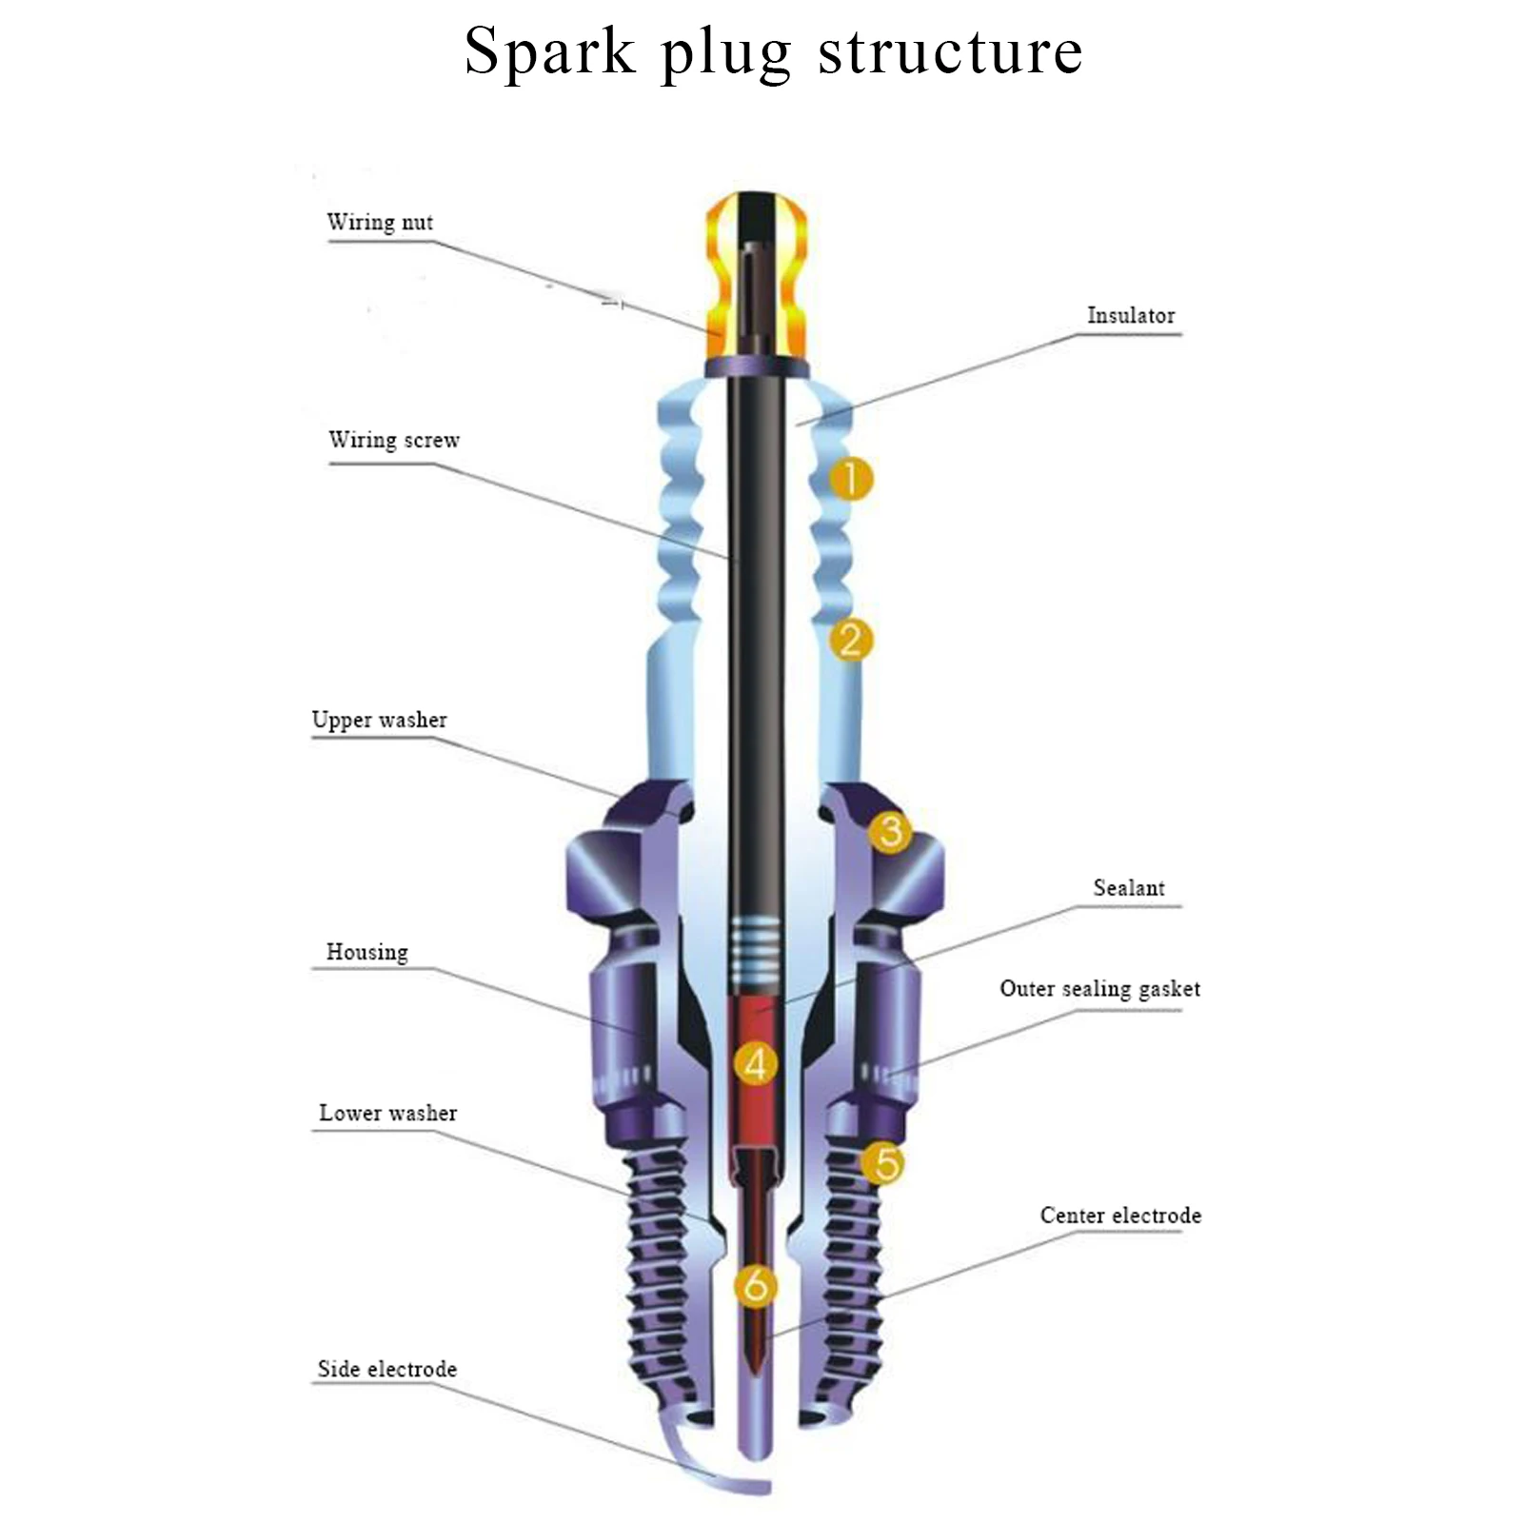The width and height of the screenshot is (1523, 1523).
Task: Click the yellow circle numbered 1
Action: point(850,478)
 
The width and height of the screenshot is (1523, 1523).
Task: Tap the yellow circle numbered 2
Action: point(850,639)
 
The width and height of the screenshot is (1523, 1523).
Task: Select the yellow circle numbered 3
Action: point(890,831)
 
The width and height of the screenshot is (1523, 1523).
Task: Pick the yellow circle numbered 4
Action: point(756,1063)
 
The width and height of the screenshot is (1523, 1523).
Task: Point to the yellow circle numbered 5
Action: point(884,1162)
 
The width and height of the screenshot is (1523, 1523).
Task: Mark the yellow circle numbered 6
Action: point(756,1286)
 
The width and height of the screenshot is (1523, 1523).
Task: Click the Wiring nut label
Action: point(380,222)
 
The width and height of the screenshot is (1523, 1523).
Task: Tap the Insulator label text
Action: point(1131,315)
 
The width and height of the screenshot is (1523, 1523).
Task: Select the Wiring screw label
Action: point(394,440)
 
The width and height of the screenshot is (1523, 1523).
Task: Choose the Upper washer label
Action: point(379,720)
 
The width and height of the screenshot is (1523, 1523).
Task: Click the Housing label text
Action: point(366,952)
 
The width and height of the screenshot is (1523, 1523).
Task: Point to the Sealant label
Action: point(1128,888)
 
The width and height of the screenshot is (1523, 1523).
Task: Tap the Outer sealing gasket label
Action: point(1099,989)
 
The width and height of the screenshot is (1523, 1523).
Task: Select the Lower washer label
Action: point(387,1113)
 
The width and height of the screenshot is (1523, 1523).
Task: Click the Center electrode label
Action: point(1120,1216)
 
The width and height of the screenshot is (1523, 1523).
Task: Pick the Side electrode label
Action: point(386,1369)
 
